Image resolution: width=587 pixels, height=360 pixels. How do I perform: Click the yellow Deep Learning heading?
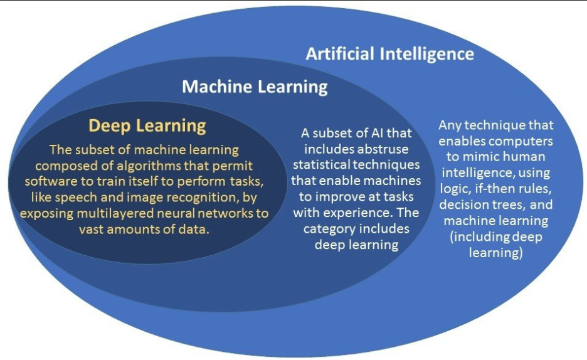(x=147, y=125)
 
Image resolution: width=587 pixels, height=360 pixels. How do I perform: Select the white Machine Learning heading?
(x=255, y=86)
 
